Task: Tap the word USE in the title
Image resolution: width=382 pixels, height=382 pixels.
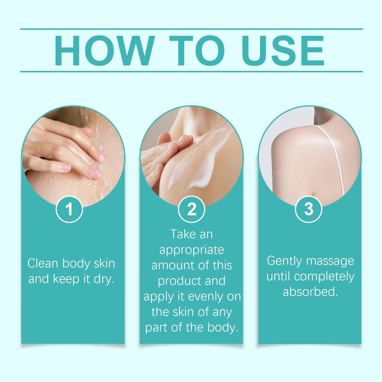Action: click(x=283, y=51)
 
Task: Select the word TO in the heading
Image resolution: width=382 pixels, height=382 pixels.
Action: click(x=197, y=51)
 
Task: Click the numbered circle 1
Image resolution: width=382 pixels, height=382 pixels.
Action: click(x=69, y=209)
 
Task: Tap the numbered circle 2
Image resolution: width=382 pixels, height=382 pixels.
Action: click(x=191, y=209)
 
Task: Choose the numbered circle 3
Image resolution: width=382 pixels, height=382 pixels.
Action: click(x=309, y=209)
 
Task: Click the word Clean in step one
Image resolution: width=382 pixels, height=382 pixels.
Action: click(x=43, y=263)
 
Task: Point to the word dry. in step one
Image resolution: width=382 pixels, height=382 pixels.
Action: click(x=104, y=279)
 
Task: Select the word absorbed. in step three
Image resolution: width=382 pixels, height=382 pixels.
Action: click(x=310, y=292)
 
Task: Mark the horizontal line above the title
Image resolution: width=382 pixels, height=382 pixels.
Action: click(x=191, y=29)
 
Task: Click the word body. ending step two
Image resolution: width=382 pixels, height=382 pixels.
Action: click(x=223, y=328)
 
